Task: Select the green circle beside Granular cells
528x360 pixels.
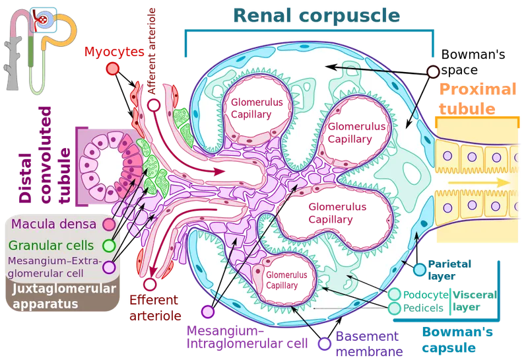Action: click(x=110, y=246)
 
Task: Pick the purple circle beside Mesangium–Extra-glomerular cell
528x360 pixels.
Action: click(x=110, y=267)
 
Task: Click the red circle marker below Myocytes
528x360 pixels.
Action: click(x=114, y=67)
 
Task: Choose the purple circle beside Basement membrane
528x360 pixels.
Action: click(x=324, y=343)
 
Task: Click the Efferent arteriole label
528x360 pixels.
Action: click(x=156, y=308)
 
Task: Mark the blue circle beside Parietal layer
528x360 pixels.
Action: click(x=419, y=269)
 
